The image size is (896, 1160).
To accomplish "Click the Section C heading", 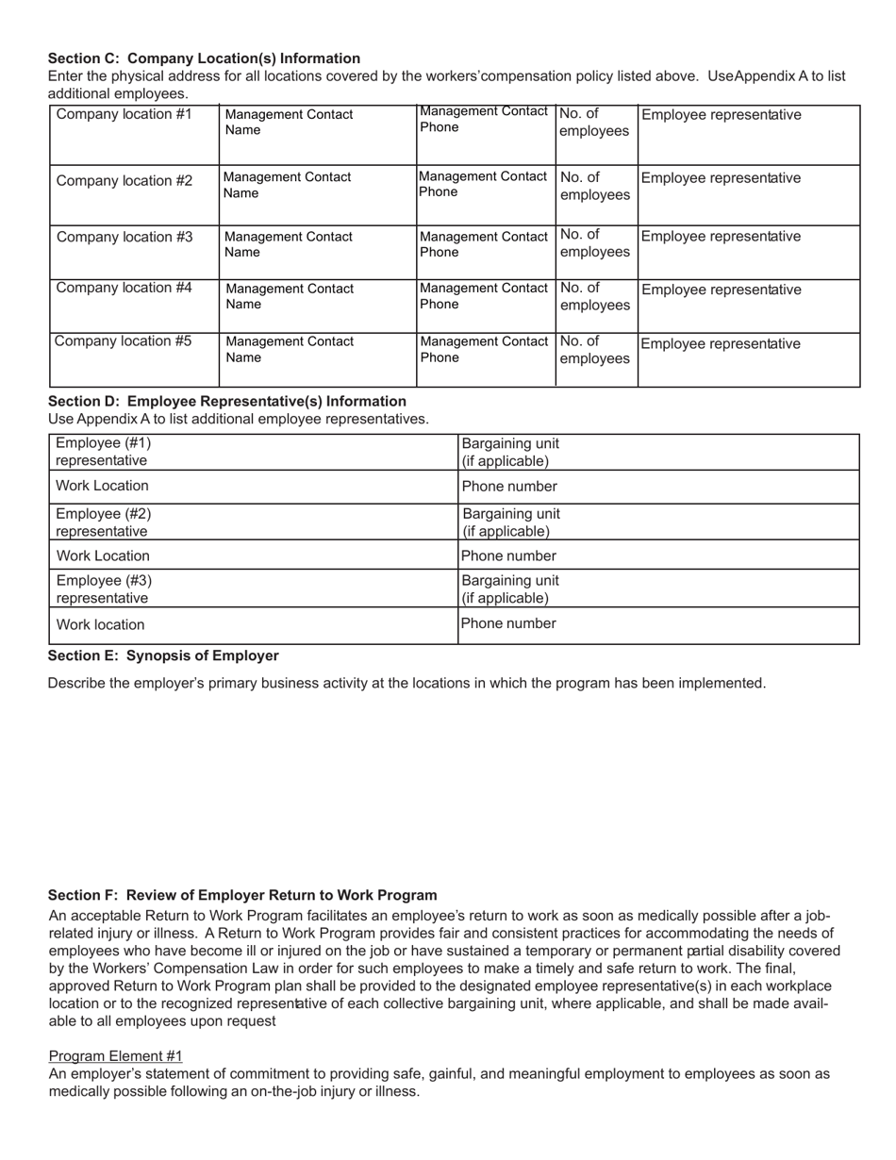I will pyautogui.click(x=204, y=58).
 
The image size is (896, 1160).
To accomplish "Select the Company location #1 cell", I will pyautogui.click(x=133, y=135).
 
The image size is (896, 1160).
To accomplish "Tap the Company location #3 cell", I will pyautogui.click(x=133, y=252).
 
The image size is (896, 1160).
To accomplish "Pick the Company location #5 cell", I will pyautogui.click(x=133, y=359).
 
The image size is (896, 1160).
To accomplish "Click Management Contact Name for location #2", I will pyautogui.click(x=317, y=194).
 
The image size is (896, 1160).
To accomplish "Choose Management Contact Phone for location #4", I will pyautogui.click(x=485, y=306).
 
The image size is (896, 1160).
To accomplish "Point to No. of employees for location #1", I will pyautogui.click(x=595, y=135).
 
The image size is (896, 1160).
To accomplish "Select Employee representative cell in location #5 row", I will pyautogui.click(x=748, y=359).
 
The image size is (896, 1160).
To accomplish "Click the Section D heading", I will pyautogui.click(x=227, y=401).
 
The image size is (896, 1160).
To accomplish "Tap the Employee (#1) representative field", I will pyautogui.click(x=253, y=452).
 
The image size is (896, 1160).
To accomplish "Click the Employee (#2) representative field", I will pyautogui.click(x=253, y=522).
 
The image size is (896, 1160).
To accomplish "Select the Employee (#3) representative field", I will pyautogui.click(x=253, y=588).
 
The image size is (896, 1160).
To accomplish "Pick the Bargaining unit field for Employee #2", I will pyautogui.click(x=658, y=522).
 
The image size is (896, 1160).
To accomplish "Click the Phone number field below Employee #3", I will pyautogui.click(x=658, y=624).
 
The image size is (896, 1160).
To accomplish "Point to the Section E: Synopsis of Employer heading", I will pyautogui.click(x=163, y=655).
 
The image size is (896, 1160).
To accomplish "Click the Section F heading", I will pyautogui.click(x=242, y=895).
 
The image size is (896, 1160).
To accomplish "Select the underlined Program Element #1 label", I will pyautogui.click(x=115, y=1055).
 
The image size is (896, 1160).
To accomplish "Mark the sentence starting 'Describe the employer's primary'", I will pyautogui.click(x=407, y=683).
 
